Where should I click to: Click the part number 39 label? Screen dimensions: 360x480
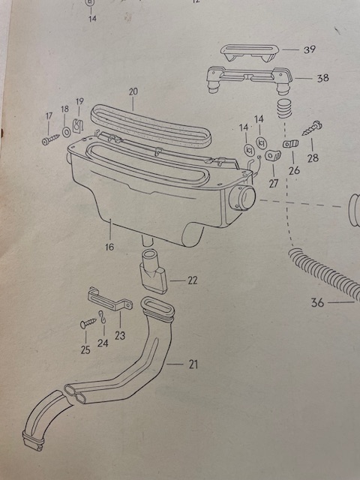point(310,49)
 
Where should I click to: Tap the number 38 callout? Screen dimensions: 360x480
point(322,78)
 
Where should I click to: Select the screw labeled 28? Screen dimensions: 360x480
point(312,128)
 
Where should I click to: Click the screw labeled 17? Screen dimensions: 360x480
point(50,140)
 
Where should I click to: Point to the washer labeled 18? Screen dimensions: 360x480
point(66,132)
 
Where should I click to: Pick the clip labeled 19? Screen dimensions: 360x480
point(78,125)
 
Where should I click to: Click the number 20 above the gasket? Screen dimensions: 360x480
point(133,91)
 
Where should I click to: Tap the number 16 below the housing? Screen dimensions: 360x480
point(109,247)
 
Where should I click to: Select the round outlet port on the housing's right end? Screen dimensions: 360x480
point(242,198)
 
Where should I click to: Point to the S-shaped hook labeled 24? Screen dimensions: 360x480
point(103,316)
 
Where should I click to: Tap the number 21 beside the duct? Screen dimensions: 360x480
point(193,364)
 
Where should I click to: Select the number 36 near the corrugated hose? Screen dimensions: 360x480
point(317,303)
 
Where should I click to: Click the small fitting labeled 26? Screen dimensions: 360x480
point(290,143)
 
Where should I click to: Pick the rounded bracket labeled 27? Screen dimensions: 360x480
point(273,155)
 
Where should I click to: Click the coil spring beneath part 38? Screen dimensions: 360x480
point(284,109)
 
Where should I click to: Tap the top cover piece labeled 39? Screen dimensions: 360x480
point(250,52)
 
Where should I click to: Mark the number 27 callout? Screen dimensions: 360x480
point(273,183)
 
